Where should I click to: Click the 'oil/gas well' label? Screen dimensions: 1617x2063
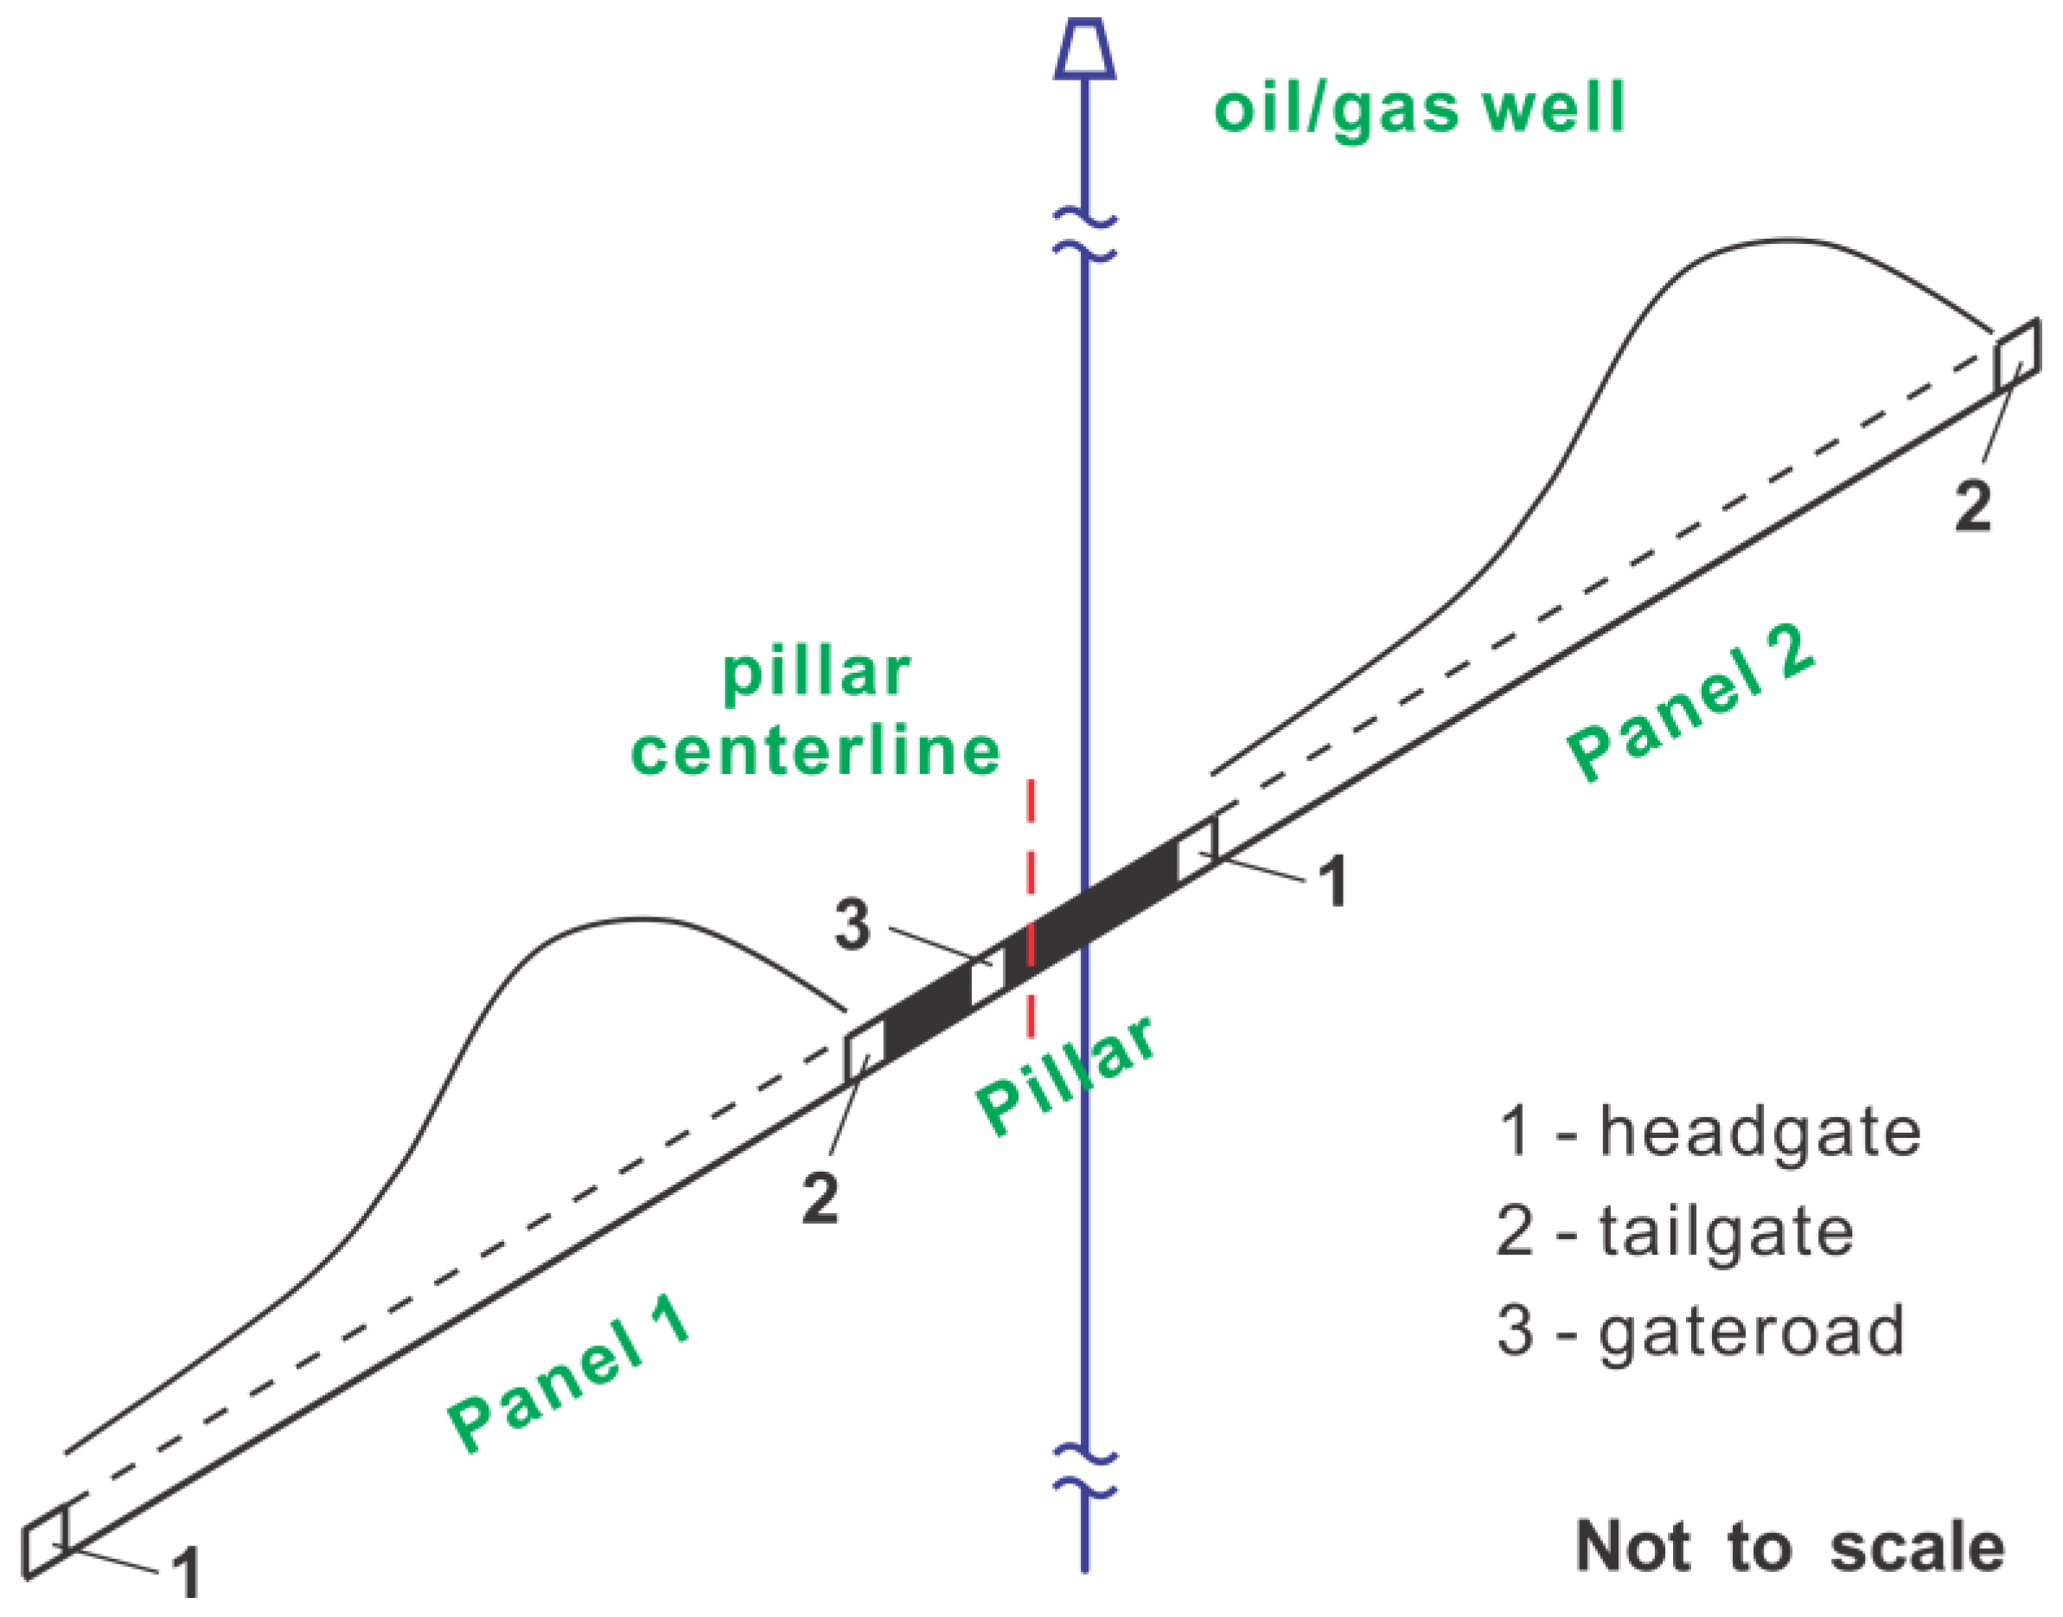(1419, 109)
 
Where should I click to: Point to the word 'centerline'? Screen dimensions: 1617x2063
(815, 752)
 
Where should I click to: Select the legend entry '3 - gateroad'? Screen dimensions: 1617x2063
(1701, 1330)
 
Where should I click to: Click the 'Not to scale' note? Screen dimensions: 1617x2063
(1790, 1548)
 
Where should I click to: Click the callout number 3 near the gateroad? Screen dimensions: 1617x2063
(852, 925)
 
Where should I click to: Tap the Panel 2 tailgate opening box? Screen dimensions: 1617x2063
(2017, 356)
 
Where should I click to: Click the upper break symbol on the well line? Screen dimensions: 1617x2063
(1085, 238)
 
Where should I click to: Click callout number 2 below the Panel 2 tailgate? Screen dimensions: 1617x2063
(1973, 508)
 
